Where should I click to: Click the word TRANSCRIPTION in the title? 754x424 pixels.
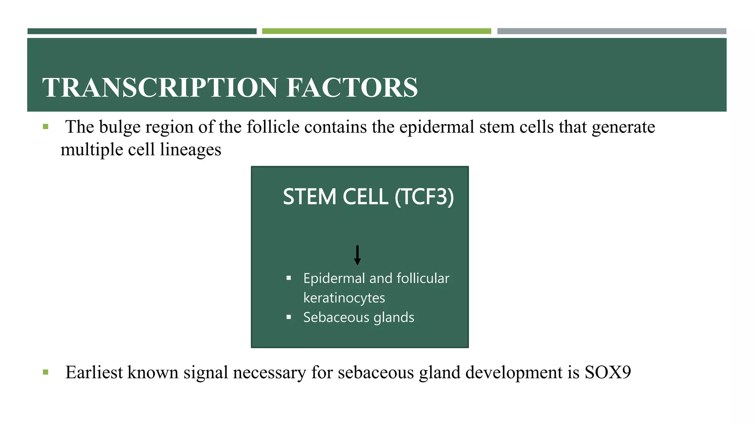click(x=160, y=88)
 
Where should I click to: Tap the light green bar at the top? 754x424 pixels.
click(x=376, y=31)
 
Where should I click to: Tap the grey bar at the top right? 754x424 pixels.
click(x=612, y=31)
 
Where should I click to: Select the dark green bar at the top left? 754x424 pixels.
click(x=142, y=31)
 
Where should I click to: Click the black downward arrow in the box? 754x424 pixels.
click(x=357, y=255)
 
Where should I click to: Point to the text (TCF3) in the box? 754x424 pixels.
click(x=424, y=197)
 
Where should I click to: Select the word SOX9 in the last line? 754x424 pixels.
click(x=607, y=372)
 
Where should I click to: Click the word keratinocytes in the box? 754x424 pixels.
click(x=344, y=298)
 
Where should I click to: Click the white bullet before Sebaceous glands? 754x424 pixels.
click(x=289, y=317)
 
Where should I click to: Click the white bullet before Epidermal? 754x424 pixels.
click(x=289, y=278)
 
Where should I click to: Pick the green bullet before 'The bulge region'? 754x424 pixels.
click(x=46, y=127)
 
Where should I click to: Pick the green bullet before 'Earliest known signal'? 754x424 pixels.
click(x=46, y=372)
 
